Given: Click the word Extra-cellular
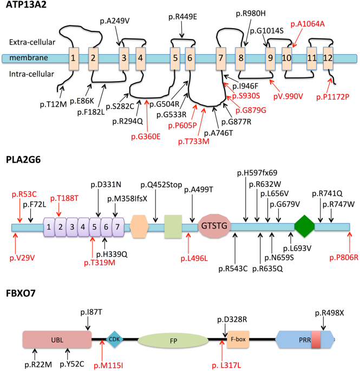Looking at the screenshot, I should click(28, 41).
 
